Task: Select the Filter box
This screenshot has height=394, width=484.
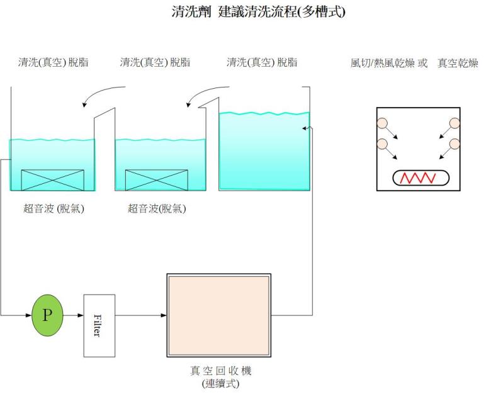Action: tap(99, 325)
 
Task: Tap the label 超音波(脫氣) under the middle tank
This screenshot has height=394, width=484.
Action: tap(157, 209)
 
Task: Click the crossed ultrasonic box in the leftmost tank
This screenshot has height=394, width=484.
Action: tap(53, 179)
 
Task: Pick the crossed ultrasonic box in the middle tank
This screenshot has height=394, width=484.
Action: tap(156, 179)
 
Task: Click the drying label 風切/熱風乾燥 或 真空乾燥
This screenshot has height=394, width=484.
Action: tap(414, 63)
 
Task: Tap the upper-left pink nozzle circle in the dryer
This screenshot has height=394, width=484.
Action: tap(382, 123)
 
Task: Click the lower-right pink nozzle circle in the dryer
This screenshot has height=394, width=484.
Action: tap(455, 144)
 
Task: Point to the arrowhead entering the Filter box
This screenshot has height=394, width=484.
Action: tap(80, 315)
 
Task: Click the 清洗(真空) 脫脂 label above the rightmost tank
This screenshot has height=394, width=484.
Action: tap(262, 63)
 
